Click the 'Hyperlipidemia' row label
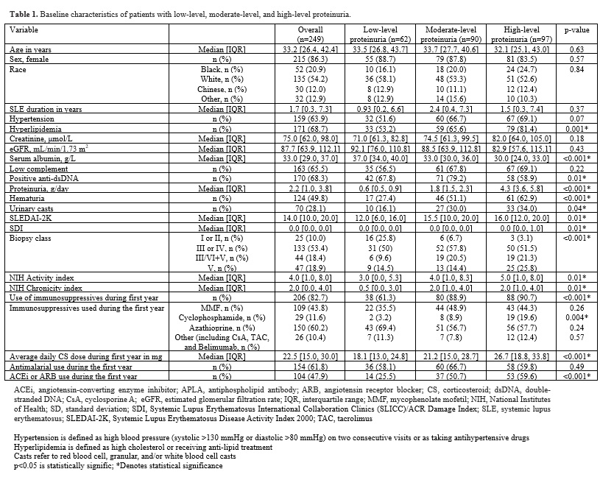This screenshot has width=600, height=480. [34, 129]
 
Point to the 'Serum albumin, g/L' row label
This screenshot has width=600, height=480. [40, 158]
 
